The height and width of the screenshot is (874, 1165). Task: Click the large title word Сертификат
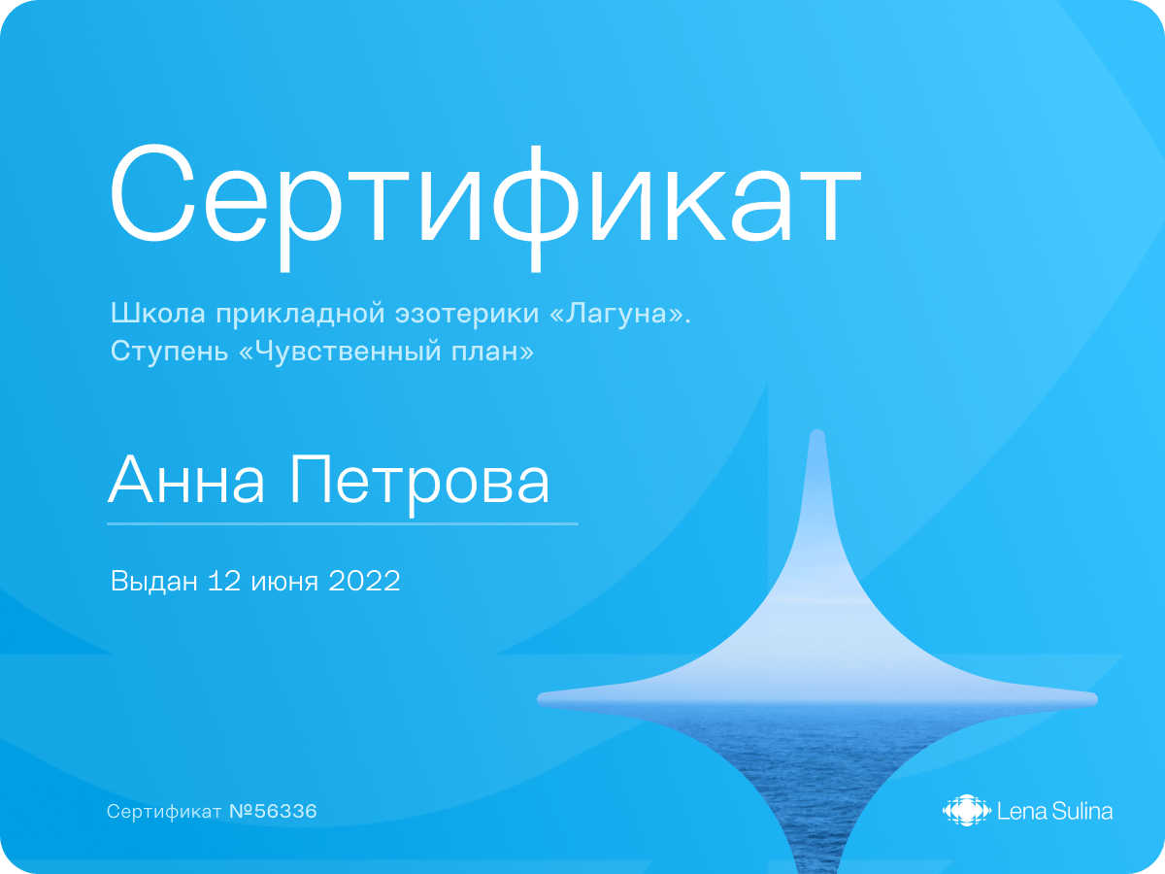click(484, 207)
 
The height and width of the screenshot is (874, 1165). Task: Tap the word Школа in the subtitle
click(157, 313)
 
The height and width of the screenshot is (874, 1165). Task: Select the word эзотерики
click(467, 313)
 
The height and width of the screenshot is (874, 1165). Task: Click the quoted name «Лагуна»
click(620, 313)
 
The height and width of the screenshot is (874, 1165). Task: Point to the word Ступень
click(169, 351)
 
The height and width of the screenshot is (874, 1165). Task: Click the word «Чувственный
click(340, 351)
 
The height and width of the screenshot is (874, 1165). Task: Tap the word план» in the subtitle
click(492, 351)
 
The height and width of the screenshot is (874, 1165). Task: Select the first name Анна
click(186, 480)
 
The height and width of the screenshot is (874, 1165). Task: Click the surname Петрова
click(419, 483)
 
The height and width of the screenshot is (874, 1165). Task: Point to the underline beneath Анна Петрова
click(343, 523)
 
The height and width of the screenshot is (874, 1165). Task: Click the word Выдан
click(154, 581)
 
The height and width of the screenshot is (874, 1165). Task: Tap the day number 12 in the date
click(225, 581)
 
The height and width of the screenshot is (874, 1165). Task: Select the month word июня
click(284, 582)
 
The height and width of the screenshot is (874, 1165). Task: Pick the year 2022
click(364, 581)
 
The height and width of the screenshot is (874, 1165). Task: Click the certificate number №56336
click(273, 811)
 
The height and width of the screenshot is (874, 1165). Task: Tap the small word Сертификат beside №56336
click(164, 812)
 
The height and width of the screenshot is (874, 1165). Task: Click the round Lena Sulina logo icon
click(967, 810)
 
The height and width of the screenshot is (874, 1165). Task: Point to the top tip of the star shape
click(817, 430)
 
